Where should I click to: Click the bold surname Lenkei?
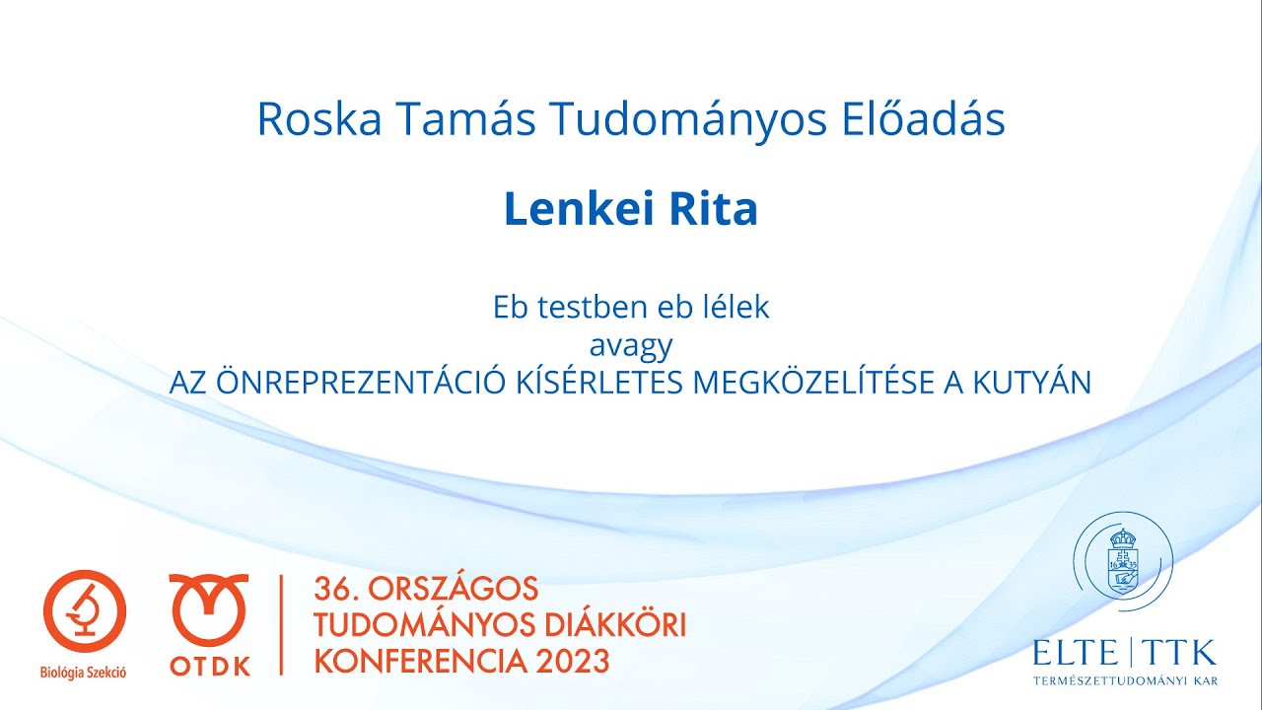point(572,209)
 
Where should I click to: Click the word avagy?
point(631,345)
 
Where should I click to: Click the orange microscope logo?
point(84,611)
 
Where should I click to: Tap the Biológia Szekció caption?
point(84,674)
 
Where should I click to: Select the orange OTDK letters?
point(209,667)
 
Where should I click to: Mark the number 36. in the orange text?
point(334,590)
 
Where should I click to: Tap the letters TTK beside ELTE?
point(1181,653)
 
